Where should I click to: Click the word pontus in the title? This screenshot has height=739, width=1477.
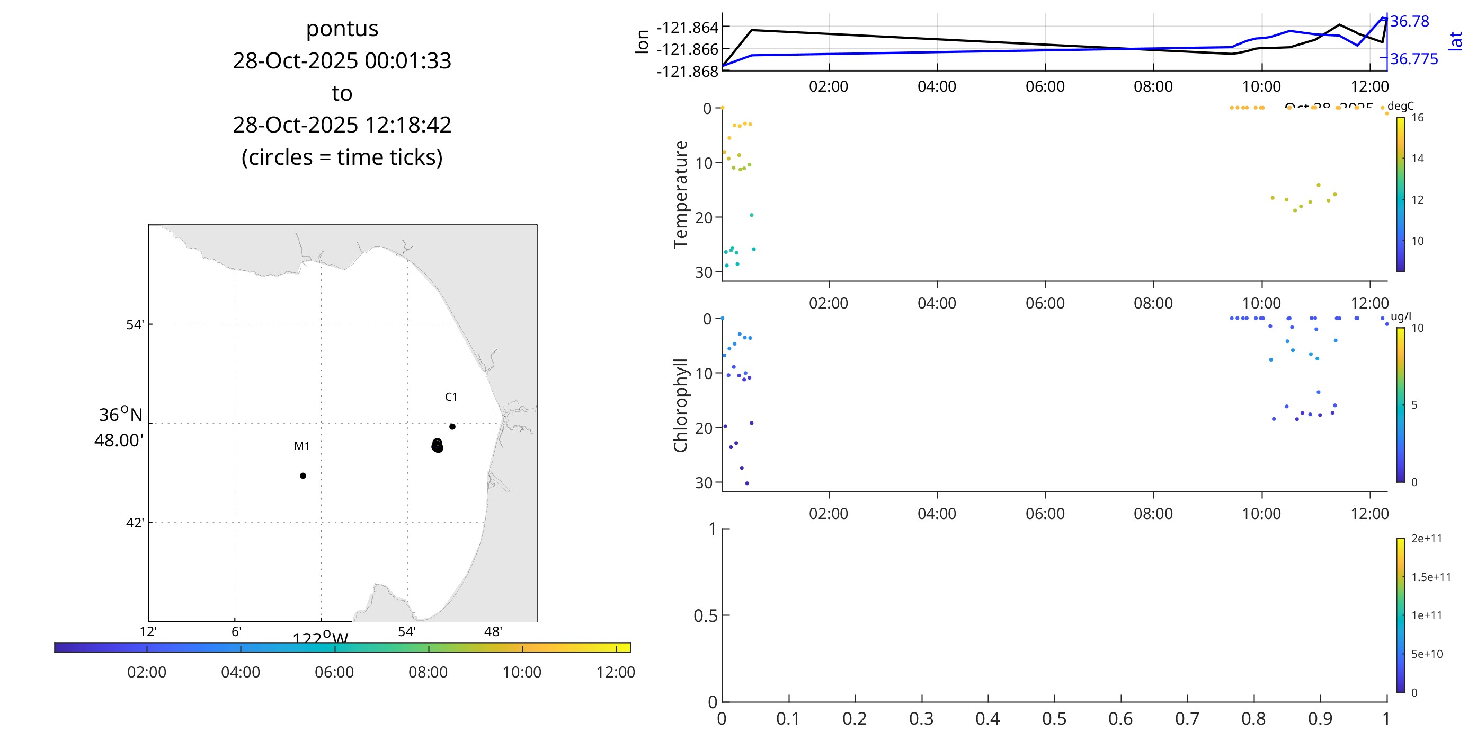(342, 29)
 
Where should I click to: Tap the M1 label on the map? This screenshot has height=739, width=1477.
(301, 446)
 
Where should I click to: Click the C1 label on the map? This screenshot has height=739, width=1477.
(451, 397)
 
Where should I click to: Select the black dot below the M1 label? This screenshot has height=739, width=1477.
(302, 476)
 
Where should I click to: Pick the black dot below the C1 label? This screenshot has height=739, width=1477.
(452, 426)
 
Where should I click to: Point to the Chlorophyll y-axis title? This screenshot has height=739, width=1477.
(681, 405)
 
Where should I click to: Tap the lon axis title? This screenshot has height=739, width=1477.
(642, 41)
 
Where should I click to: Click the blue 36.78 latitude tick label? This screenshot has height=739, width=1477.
(1409, 21)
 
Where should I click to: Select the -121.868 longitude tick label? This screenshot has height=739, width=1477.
(687, 72)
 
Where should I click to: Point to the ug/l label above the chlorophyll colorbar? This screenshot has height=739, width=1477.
(1401, 316)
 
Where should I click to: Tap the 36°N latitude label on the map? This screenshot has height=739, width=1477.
(120, 415)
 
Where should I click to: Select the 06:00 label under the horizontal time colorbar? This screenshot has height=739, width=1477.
(334, 672)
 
